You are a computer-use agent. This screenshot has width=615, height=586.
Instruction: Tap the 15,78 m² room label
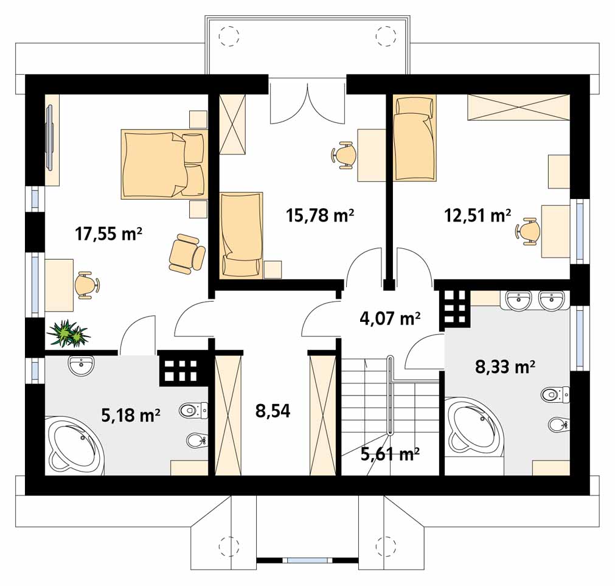tap(320, 215)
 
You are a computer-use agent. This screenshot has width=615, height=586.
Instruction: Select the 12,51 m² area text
tap(478, 215)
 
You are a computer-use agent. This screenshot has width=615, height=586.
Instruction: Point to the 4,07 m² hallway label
tap(390, 318)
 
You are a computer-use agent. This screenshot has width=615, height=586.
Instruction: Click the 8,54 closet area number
tap(273, 411)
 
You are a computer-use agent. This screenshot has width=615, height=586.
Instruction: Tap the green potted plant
tap(69, 334)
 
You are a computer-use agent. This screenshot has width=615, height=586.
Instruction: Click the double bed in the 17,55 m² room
tap(164, 164)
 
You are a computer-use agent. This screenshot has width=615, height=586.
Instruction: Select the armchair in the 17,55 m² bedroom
tap(186, 253)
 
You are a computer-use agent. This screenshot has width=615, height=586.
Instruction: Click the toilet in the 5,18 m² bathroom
tap(194, 410)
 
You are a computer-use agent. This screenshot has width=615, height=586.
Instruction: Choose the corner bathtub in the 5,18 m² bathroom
tap(75, 447)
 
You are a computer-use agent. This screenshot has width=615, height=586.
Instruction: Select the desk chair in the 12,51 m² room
tap(526, 231)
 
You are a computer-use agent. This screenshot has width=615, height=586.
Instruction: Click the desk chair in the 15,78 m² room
tap(344, 155)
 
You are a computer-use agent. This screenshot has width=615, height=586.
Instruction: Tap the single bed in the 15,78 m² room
tap(241, 235)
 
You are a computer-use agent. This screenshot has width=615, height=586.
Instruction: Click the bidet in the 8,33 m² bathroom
tap(558, 424)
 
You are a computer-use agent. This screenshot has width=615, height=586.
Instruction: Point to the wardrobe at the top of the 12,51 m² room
tap(518, 107)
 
